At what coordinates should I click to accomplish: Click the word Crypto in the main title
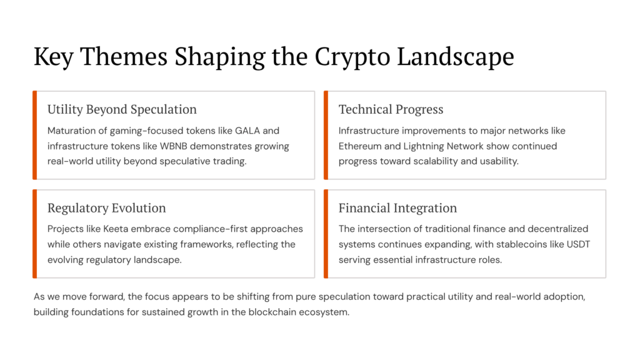352,57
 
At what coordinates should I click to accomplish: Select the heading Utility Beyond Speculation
122,109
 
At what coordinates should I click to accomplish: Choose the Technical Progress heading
391,109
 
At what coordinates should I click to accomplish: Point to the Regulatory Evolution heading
106,208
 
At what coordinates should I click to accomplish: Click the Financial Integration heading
397,208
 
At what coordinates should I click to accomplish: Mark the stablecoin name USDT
578,244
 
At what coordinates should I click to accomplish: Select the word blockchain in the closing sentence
267,311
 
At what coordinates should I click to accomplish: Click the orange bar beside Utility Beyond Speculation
35,135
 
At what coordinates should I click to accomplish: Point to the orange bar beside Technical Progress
326,135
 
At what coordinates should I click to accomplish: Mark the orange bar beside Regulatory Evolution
35,234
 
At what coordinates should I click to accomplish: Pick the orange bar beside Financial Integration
326,234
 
